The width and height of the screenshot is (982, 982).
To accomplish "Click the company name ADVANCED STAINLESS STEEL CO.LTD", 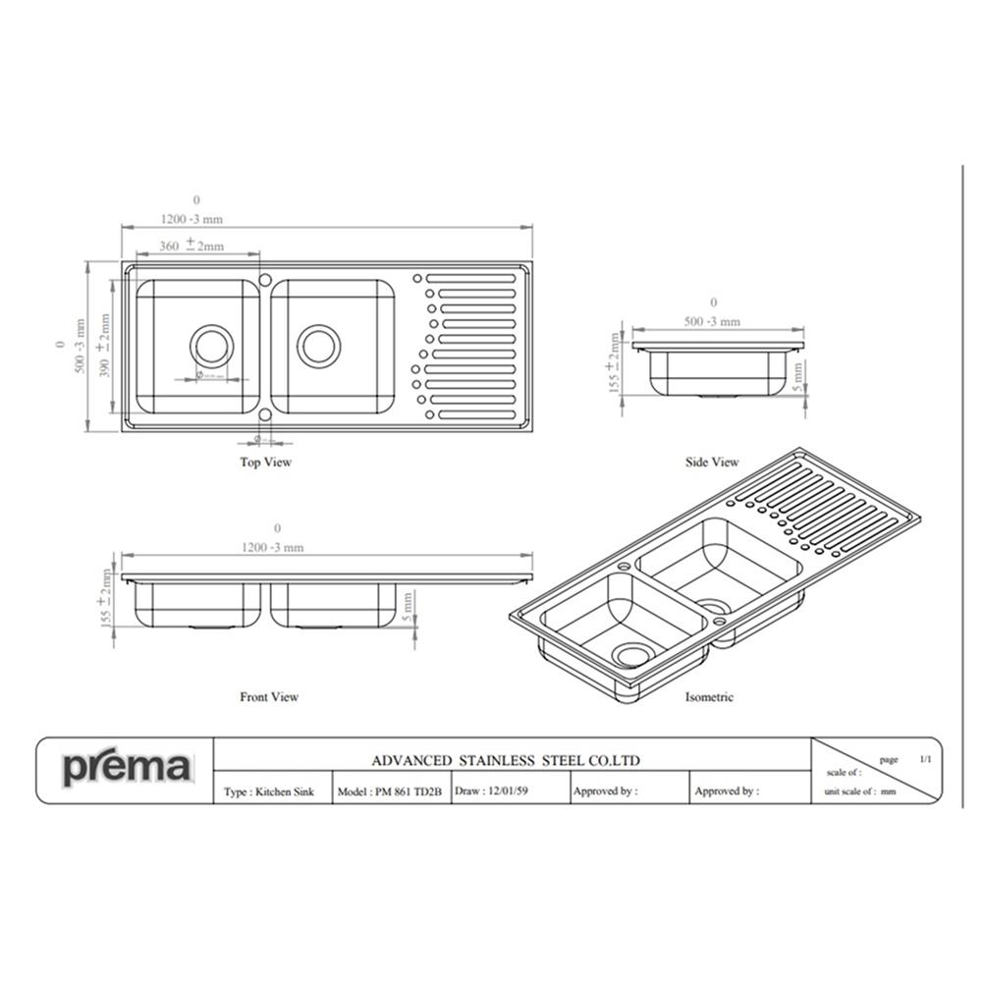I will (506, 760).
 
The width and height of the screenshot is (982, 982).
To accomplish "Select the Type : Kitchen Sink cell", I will (269, 791).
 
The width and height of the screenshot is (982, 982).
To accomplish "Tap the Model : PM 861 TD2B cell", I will (390, 791).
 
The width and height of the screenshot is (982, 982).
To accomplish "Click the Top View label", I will (266, 462).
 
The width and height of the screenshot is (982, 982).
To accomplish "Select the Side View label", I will (712, 462).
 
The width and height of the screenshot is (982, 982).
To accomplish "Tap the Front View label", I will (269, 696).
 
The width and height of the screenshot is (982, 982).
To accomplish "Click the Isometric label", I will (709, 696).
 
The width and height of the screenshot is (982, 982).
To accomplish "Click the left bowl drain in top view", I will (211, 346).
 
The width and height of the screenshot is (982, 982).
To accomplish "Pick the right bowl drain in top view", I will (319, 346).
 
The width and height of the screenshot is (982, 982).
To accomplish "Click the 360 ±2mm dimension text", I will (191, 245).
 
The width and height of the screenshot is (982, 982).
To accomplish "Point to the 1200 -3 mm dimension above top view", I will (192, 219).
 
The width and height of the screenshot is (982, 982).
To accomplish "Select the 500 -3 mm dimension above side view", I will (712, 321).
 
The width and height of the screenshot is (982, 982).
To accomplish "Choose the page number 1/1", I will (925, 759).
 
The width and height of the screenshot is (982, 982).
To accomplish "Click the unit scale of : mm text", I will (860, 791).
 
